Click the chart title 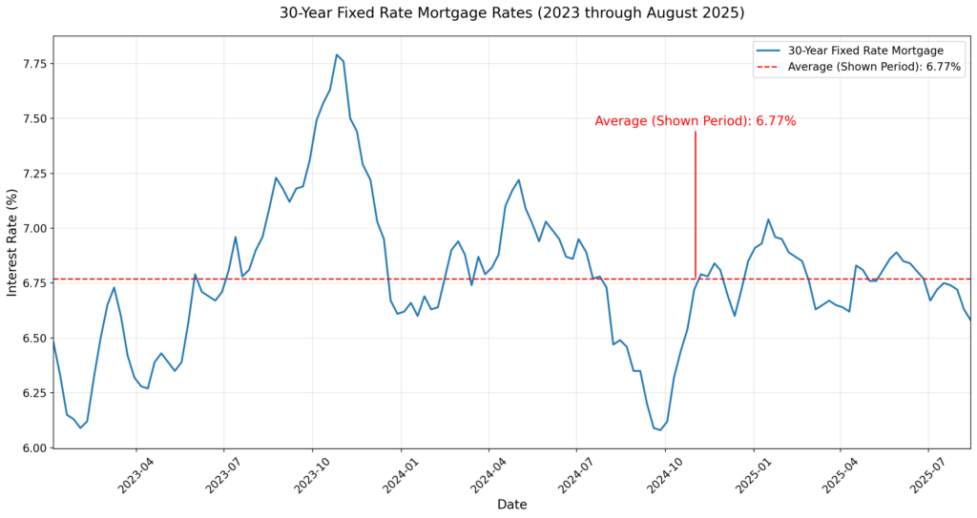[511, 13]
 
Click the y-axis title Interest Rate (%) [12, 242]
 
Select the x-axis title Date [511, 505]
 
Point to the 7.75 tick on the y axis [33, 64]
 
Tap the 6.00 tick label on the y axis [33, 448]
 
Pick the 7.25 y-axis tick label [33, 174]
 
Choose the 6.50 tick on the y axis [33, 339]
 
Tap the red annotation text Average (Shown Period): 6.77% [695, 121]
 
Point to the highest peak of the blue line [337, 54]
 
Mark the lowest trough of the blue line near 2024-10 [660, 430]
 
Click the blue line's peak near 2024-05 [519, 179]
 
